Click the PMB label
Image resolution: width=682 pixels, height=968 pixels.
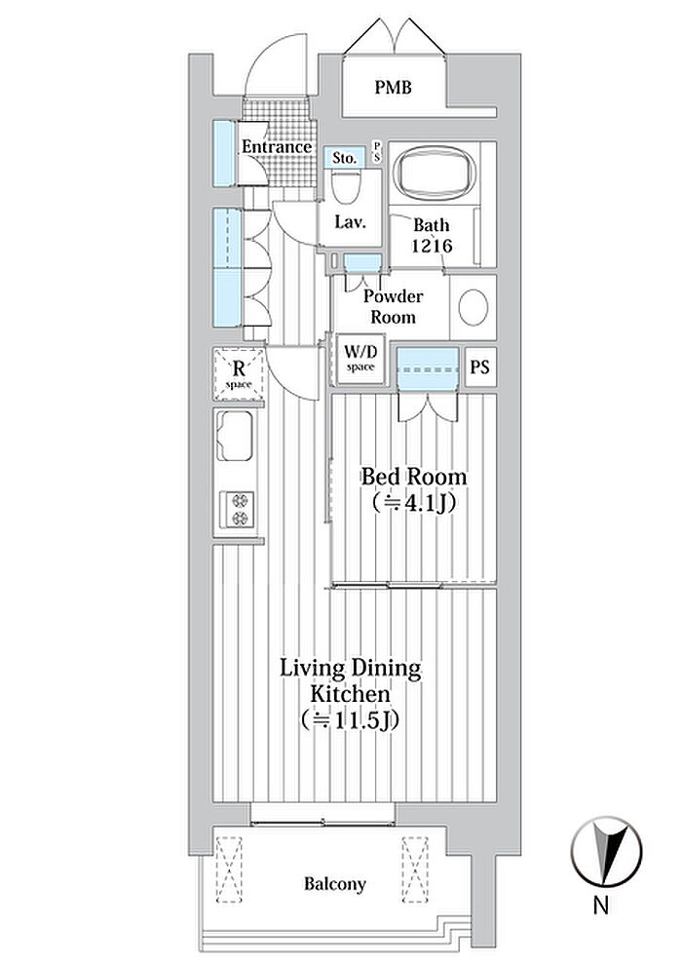(x=394, y=87)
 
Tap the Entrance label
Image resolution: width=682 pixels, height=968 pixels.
(x=276, y=147)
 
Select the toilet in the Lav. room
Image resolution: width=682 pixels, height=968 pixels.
(x=346, y=186)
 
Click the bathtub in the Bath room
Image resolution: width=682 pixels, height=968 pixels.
(x=435, y=173)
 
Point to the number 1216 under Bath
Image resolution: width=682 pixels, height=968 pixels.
(x=432, y=246)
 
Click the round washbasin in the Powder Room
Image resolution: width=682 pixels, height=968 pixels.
(x=474, y=307)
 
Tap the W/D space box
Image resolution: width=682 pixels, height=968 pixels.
(x=360, y=358)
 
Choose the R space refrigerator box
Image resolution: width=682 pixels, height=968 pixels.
(x=239, y=374)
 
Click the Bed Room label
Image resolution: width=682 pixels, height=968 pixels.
(x=413, y=477)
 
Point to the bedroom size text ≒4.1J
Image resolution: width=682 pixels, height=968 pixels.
(x=413, y=504)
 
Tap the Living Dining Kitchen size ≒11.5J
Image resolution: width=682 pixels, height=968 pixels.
(x=350, y=719)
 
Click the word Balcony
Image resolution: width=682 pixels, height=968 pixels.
(x=334, y=884)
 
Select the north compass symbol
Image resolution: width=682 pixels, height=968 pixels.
(x=605, y=851)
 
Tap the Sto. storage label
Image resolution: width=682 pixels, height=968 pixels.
(x=344, y=158)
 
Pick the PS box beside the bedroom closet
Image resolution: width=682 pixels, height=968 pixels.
(x=480, y=367)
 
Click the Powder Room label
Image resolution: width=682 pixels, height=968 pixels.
(x=393, y=307)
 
